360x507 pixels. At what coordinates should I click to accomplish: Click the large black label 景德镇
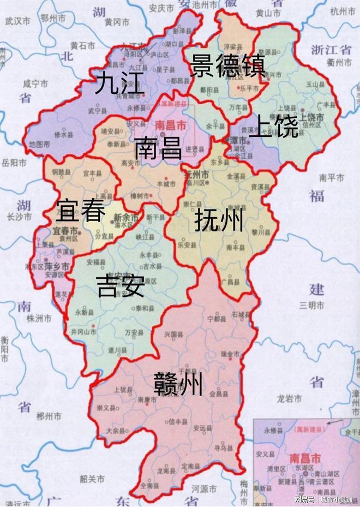227,66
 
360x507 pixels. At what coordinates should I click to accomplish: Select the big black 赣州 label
179,384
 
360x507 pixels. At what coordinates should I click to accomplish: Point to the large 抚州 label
218,222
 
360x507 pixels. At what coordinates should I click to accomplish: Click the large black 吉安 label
121,286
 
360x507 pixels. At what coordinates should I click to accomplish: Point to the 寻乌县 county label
220,446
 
